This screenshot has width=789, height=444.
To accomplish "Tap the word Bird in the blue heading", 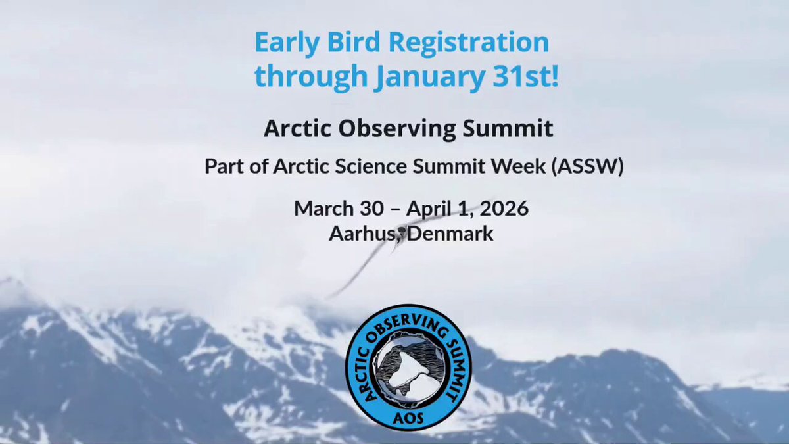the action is point(354,42).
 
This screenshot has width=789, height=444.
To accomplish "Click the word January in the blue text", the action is point(429,76).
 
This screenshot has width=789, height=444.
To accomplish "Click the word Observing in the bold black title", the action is point(396,129).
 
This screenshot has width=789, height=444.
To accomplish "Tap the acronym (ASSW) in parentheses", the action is point(587,166).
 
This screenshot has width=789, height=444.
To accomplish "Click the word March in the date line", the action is point(324,209).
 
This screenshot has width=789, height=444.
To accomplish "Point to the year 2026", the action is point(504,209).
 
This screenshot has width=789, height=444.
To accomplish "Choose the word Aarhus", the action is point(364,234).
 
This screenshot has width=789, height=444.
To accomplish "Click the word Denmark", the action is point(450,234).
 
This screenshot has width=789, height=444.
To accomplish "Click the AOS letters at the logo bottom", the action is point(408,418).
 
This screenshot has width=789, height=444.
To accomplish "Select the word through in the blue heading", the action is point(311,77).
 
